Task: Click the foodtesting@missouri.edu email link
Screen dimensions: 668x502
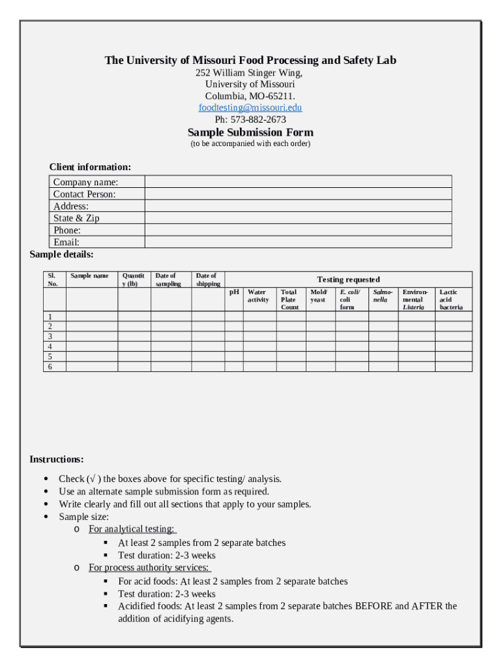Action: pos(250,108)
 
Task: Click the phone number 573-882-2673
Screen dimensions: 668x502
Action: pos(258,119)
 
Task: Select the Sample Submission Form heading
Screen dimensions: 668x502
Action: pos(250,132)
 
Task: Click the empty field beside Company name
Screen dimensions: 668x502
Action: pos(297,182)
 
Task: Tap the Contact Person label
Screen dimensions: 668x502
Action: pos(84,194)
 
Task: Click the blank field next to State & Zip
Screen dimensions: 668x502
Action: pos(297,219)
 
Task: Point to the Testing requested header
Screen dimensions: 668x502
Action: pos(348,279)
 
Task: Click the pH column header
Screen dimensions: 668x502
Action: pos(234,292)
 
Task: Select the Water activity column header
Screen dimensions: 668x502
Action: pos(258,296)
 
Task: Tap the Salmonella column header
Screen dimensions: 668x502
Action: pos(383,296)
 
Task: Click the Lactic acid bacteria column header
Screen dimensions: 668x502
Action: pos(451,299)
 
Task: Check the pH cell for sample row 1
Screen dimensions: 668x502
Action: pos(234,316)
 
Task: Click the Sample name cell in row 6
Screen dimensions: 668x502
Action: pos(91,367)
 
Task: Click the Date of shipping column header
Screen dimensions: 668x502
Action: pos(208,280)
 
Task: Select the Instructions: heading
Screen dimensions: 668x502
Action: pos(57,459)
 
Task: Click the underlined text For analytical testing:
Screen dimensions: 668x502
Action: pos(132,529)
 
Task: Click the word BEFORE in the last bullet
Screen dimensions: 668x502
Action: pos(373,606)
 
